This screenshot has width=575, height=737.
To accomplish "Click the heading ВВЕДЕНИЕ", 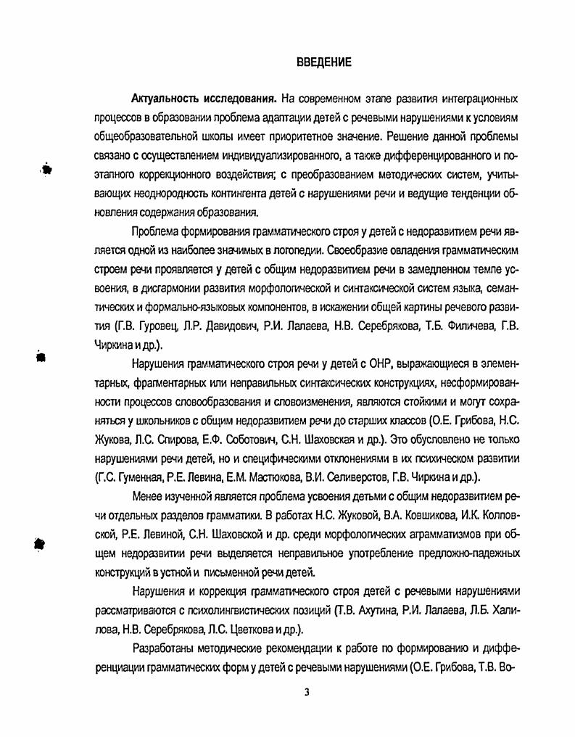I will (x=324, y=62).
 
